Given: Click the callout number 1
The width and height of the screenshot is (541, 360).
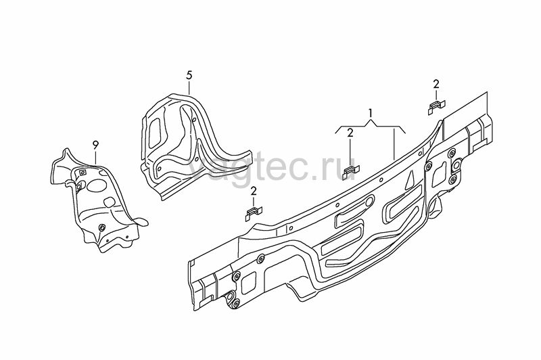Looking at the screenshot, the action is [370, 113].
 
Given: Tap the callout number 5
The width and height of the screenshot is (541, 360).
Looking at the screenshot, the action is [189, 75].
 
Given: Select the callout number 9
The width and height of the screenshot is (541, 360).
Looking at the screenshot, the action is [95, 145].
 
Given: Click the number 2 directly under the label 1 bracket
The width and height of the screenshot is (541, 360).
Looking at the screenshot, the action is [350, 133].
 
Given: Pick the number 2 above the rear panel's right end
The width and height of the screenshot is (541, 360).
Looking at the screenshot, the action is [436, 84].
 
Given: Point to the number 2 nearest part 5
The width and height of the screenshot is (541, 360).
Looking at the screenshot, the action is [254, 191].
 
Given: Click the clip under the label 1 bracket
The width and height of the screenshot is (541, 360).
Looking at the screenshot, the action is [351, 173].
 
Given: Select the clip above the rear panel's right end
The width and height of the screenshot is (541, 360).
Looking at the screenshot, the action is [437, 107].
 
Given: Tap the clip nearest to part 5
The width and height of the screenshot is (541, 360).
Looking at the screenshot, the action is [254, 214].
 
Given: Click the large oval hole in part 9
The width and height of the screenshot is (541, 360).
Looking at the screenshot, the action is [95, 185].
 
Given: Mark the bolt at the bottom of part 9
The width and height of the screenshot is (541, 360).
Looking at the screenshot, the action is [102, 227].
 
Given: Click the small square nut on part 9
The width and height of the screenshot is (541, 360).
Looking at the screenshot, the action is [83, 173].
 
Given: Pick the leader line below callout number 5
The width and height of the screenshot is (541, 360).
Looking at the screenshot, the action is [189, 88].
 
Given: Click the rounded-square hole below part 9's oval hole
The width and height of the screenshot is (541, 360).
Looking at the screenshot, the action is [109, 201].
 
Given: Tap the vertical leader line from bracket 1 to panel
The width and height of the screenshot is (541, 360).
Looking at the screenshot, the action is [394, 143].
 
